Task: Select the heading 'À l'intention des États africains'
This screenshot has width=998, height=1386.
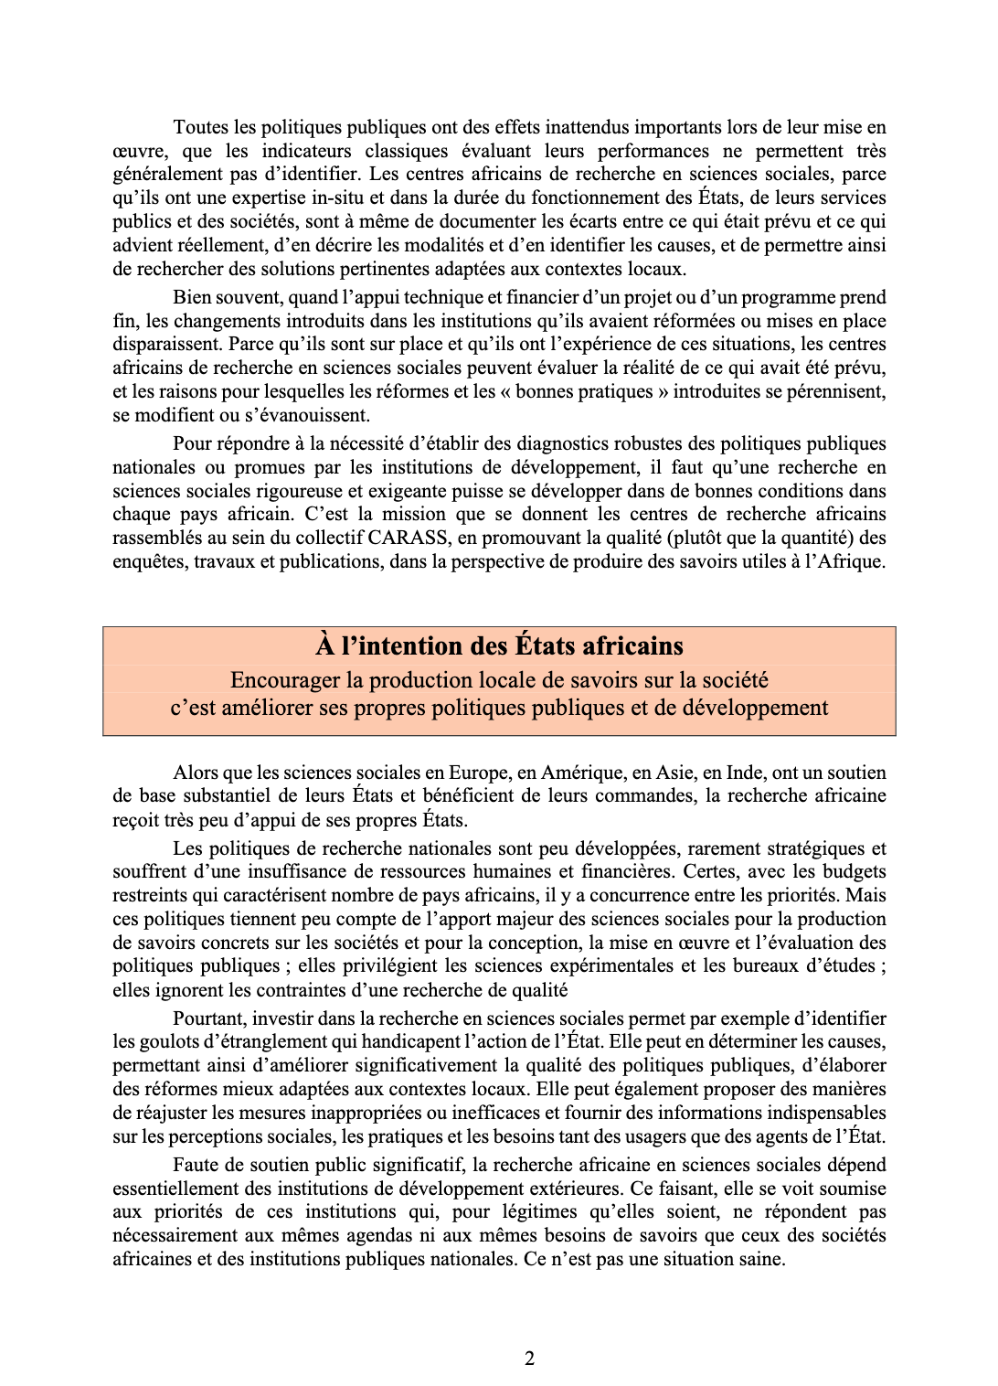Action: (x=499, y=646)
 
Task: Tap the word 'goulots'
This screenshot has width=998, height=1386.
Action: (x=164, y=1041)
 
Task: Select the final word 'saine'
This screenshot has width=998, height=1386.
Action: (x=762, y=1259)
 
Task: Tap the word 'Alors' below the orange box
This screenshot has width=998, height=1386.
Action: (x=196, y=773)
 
